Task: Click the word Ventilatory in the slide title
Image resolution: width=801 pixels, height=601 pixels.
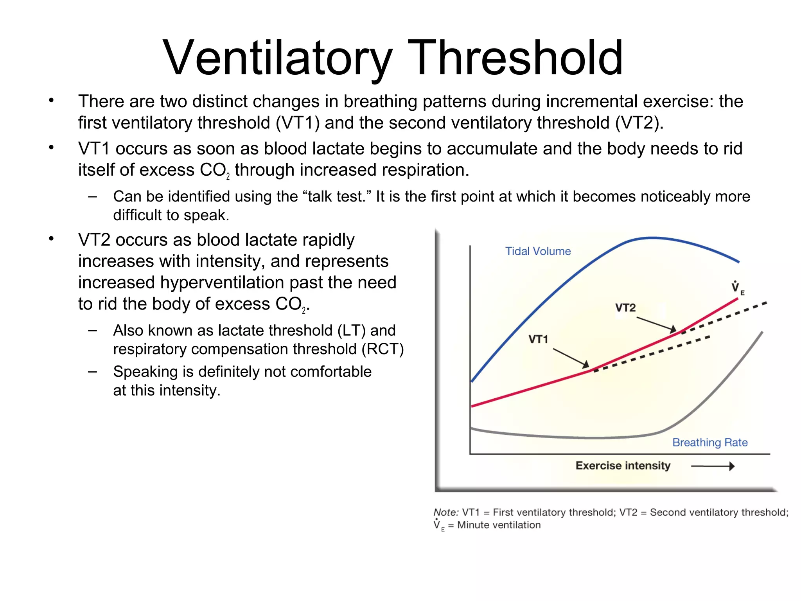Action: [277, 58]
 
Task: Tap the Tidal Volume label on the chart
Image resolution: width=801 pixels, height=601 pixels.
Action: [538, 251]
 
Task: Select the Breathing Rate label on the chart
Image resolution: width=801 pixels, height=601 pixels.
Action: [709, 443]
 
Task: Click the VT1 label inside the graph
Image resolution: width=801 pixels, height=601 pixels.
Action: [538, 339]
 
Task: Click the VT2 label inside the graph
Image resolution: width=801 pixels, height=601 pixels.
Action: [625, 308]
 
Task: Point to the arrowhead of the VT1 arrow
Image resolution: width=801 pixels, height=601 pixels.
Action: [586, 365]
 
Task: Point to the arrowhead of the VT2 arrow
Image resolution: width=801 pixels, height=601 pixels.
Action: [673, 329]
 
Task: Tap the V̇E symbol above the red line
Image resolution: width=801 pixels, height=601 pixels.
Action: [737, 288]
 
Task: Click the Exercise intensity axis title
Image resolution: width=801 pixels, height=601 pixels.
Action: [623, 466]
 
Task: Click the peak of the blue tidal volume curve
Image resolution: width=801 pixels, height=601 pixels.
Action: [651, 238]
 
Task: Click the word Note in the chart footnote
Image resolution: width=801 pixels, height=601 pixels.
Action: [445, 513]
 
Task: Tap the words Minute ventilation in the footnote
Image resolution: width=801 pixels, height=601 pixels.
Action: [499, 525]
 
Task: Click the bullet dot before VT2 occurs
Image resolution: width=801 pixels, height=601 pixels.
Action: [51, 239]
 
